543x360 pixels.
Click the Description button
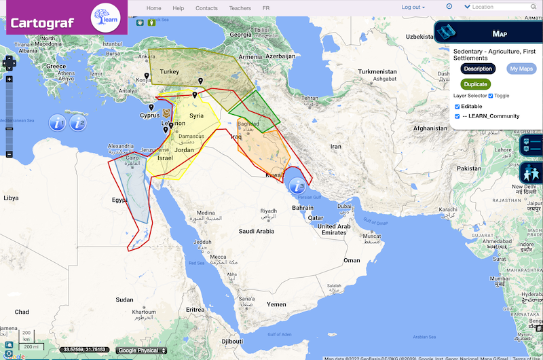click(x=478, y=69)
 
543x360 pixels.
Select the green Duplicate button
click(x=475, y=84)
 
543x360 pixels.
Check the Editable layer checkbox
click(x=457, y=107)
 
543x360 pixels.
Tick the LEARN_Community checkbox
click(x=457, y=116)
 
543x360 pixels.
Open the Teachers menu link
click(x=240, y=7)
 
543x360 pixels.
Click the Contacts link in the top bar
click(x=206, y=7)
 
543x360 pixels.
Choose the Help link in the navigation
click(x=179, y=7)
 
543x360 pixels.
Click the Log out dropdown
click(x=413, y=7)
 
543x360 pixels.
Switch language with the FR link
click(x=266, y=7)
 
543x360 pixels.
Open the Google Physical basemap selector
click(x=141, y=350)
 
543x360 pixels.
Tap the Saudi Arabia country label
click(x=256, y=232)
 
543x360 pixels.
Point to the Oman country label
click(x=352, y=260)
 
